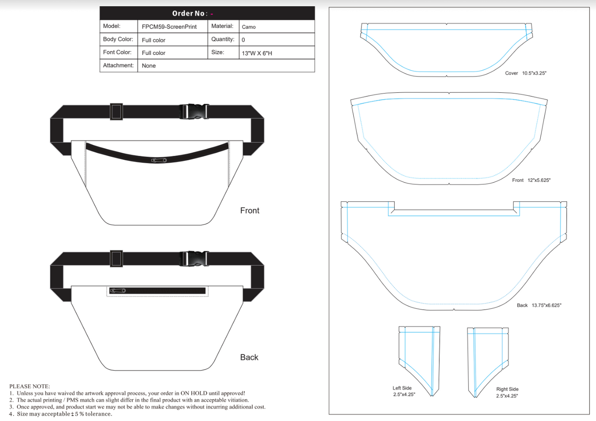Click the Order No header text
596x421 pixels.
pos(190,13)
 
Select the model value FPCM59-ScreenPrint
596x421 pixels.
pos(169,27)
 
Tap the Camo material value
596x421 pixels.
pos(249,27)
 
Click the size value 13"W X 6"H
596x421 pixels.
pos(257,53)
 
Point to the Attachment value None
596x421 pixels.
pos(149,66)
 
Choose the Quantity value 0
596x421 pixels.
pos(243,40)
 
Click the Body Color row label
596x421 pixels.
pos(118,39)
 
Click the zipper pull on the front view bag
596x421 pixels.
pos(159,160)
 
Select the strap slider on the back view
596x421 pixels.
pos(116,258)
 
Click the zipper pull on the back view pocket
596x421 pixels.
pos(117,291)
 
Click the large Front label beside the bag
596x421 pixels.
pos(249,210)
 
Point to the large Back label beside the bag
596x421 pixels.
pos(249,357)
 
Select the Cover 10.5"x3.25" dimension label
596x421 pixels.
pos(525,73)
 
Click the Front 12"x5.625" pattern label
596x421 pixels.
pos(531,180)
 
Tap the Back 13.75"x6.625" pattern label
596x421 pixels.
pos(539,305)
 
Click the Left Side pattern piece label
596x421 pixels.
pos(402,391)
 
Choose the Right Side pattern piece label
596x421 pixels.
pos(507,392)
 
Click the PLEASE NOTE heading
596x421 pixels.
pos(29,386)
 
